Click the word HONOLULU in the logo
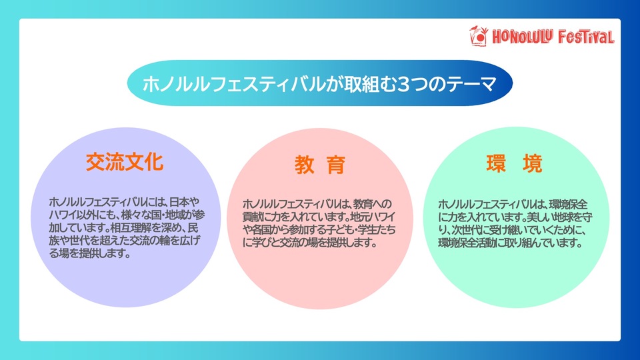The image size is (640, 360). pyautogui.click(x=523, y=37)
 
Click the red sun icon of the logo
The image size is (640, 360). pyautogui.click(x=479, y=36)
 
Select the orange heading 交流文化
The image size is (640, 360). pyautogui.click(x=125, y=162)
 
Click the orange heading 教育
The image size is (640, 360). pyautogui.click(x=320, y=165)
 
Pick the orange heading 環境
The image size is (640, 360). pyautogui.click(x=514, y=164)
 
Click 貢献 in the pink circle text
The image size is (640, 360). pyautogui.click(x=251, y=216)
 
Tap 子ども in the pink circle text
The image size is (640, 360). pyautogui.click(x=339, y=229)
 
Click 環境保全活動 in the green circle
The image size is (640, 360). pyautogui.click(x=465, y=243)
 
